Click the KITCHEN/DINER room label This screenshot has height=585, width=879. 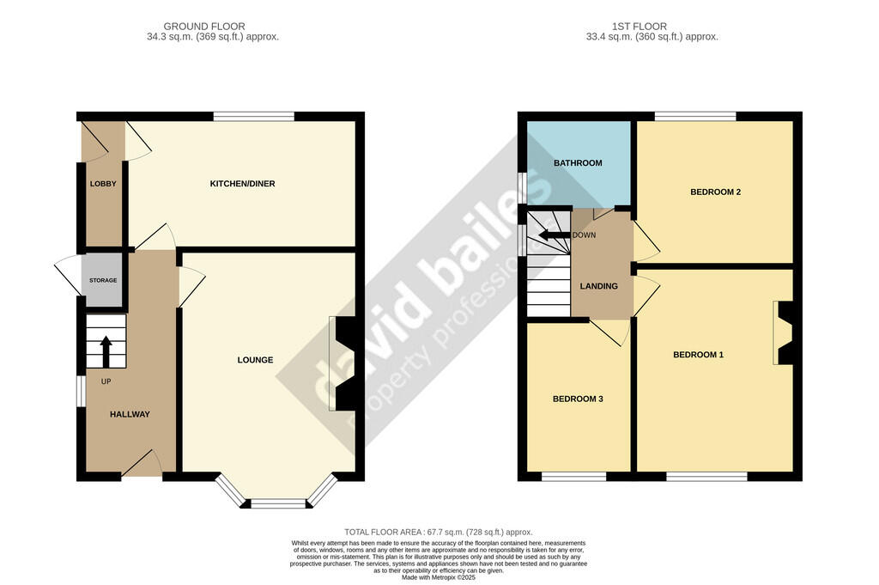[x=242, y=184]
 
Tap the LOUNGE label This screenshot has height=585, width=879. [x=255, y=360]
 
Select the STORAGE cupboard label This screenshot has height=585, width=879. [x=103, y=280]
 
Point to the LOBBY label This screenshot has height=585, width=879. [x=103, y=184]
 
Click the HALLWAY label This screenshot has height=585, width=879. [x=130, y=415]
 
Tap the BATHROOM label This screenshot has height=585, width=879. [x=578, y=163]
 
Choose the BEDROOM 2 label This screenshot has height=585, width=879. [x=715, y=192]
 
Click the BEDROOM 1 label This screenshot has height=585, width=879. [x=698, y=355]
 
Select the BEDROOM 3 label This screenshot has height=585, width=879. [x=578, y=399]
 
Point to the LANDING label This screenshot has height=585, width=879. [x=598, y=286]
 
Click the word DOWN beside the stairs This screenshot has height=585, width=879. [x=584, y=235]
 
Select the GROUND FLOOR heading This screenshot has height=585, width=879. [x=204, y=27]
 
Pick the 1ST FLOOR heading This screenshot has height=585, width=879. [x=639, y=27]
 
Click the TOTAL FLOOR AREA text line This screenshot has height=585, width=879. [x=439, y=533]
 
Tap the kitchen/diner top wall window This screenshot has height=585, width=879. [x=254, y=117]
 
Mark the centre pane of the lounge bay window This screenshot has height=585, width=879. [x=278, y=503]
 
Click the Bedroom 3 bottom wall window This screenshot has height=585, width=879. [x=574, y=477]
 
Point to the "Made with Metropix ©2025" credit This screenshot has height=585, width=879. [x=439, y=577]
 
